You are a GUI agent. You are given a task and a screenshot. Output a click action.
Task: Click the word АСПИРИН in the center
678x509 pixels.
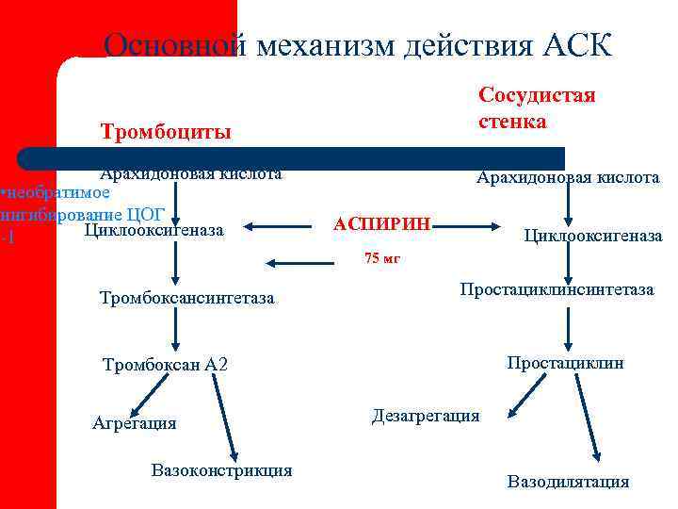click(381, 225)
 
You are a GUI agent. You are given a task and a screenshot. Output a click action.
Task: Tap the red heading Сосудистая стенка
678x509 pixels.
click(537, 108)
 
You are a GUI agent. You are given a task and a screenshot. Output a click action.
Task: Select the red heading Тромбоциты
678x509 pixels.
click(167, 132)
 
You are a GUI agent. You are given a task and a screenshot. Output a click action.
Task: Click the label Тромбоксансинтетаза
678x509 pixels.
click(186, 299)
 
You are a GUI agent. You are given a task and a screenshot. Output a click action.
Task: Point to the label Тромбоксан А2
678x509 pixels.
click(165, 365)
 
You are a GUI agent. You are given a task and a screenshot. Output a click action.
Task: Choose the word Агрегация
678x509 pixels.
click(134, 423)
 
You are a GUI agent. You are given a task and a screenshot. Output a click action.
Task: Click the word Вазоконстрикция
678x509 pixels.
click(221, 470)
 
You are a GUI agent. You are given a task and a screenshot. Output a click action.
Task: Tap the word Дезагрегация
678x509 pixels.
click(426, 416)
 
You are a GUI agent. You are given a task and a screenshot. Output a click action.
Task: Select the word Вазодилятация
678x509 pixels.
click(568, 482)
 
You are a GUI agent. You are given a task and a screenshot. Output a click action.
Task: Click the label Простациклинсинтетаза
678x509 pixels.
click(556, 289)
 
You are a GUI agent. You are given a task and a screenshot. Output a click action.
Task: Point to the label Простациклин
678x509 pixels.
click(565, 363)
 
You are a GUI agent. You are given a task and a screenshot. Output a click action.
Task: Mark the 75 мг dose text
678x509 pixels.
click(382, 258)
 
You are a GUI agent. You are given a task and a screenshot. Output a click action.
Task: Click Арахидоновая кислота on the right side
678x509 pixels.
click(568, 177)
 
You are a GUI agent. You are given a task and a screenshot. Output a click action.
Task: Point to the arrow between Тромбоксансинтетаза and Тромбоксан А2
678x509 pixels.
click(175, 333)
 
